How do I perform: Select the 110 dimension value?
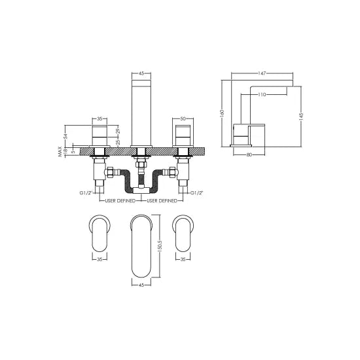point(261,95)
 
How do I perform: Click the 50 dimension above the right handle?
point(185,120)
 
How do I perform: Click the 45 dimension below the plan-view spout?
point(142,285)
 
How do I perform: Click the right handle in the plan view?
point(185,232)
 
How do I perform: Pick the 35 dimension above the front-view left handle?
point(100,120)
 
